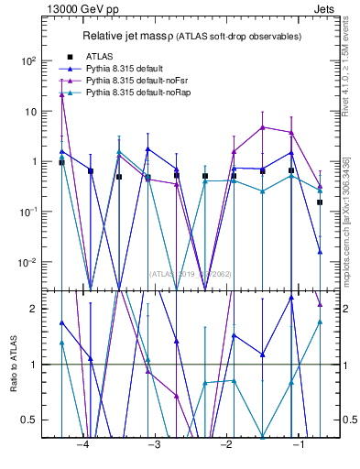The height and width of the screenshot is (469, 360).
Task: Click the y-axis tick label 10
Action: (31, 111)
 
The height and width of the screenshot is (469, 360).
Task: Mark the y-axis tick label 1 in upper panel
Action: (35, 161)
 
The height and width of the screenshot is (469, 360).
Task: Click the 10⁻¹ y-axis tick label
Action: (28, 212)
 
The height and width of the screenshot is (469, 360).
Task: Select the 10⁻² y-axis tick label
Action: (28, 262)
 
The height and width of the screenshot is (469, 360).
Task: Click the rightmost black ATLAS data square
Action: (320, 202)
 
